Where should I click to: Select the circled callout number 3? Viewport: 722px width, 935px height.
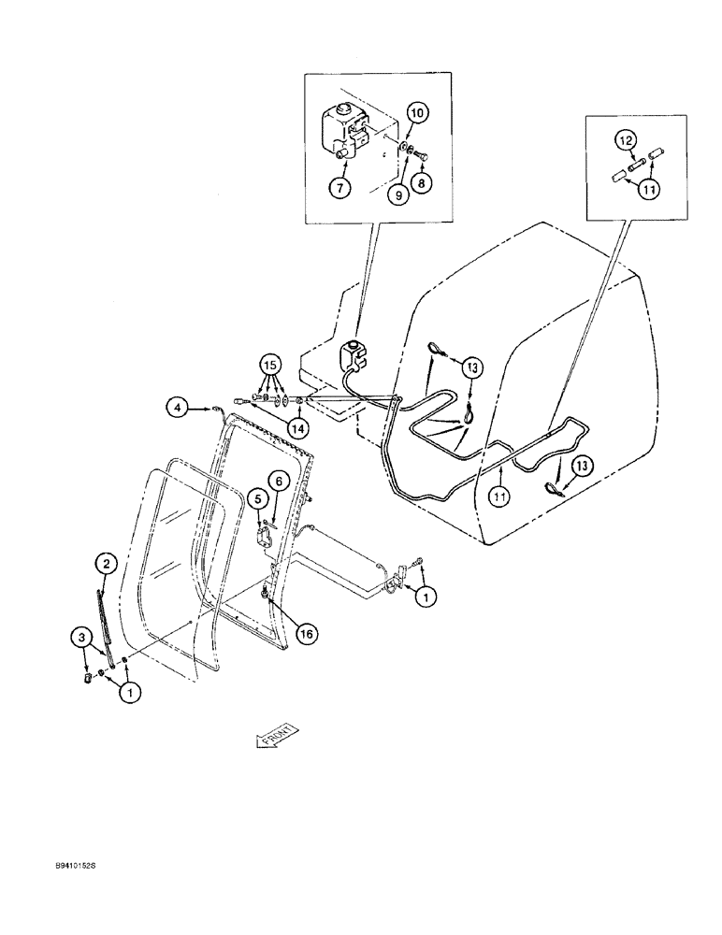point(83,638)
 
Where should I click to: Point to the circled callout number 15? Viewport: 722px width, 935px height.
point(269,362)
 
